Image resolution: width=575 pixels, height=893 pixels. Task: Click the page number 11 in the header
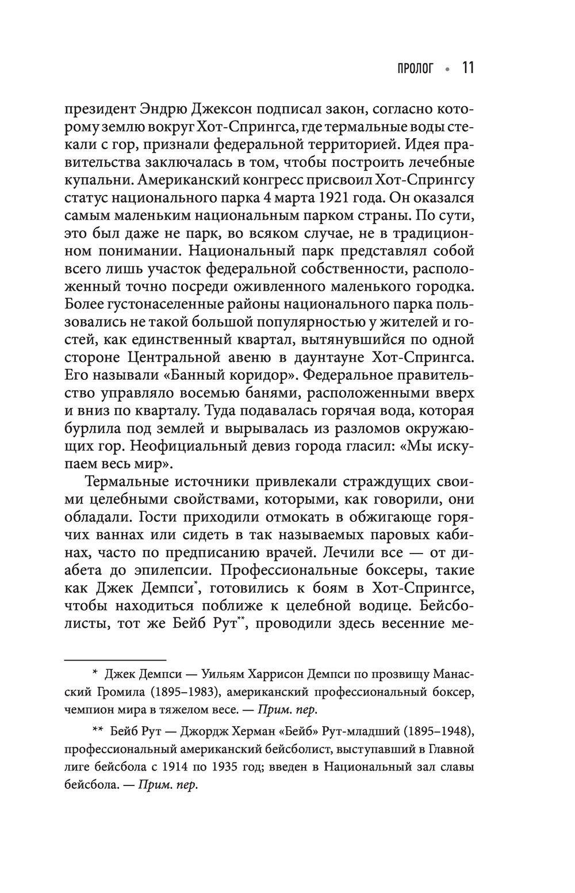tap(467, 68)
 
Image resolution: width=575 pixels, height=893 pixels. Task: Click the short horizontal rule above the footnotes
tap(115, 659)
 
